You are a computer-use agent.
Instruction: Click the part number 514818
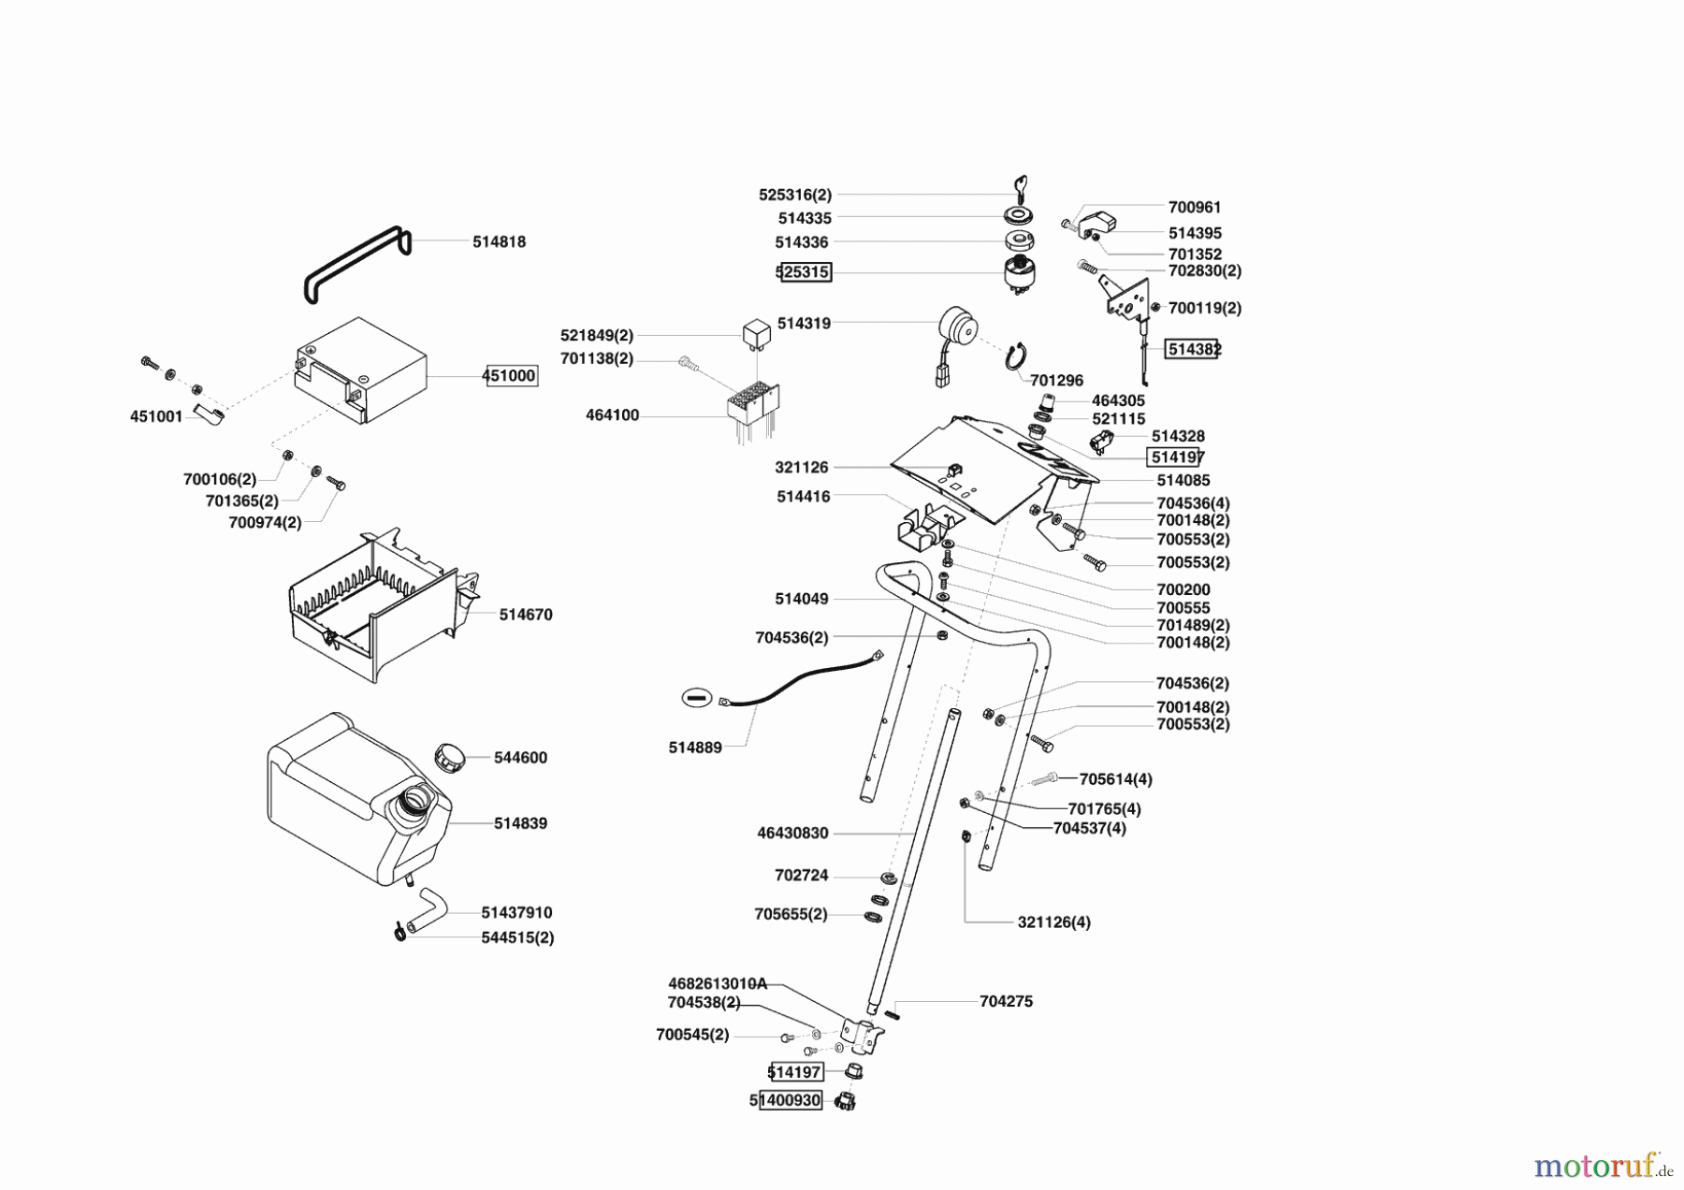point(499,241)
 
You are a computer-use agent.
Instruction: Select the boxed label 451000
point(510,376)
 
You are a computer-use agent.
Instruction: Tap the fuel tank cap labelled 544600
point(450,756)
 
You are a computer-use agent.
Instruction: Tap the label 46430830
point(792,833)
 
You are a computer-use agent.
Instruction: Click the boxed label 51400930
point(786,1101)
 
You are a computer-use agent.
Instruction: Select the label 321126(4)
point(1053,922)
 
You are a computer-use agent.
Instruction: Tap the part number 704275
point(1006,1001)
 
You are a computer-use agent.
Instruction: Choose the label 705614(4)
point(1115,779)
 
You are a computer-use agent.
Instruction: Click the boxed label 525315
point(804,272)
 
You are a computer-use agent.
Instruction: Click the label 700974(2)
point(265,522)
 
